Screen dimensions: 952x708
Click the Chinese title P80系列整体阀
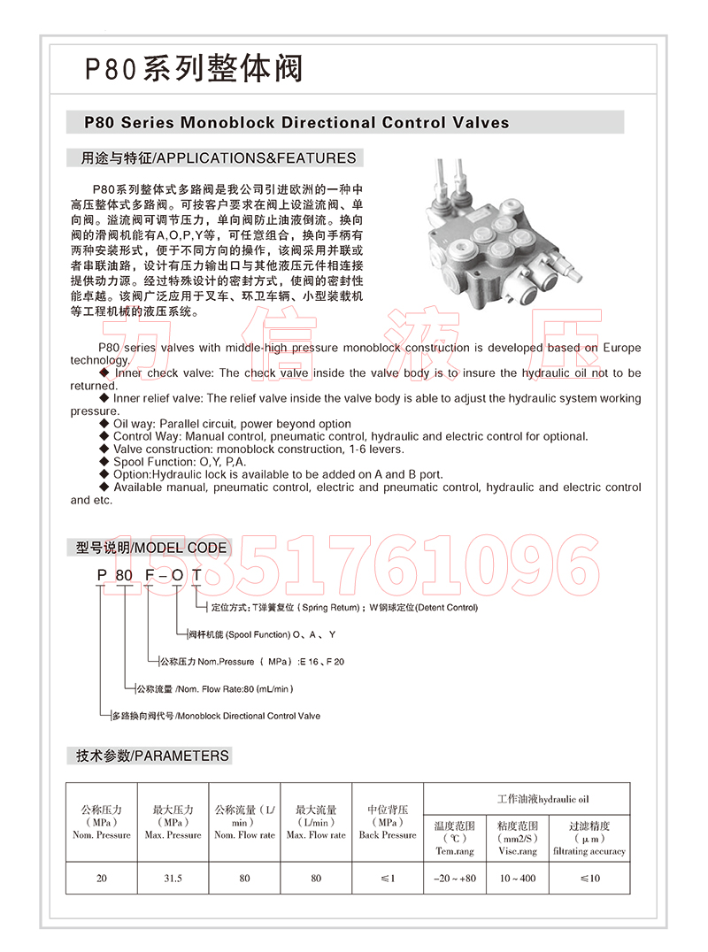(194, 69)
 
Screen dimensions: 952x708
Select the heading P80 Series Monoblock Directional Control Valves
(296, 122)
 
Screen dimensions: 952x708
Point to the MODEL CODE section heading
(151, 548)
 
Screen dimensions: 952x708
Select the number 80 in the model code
(125, 576)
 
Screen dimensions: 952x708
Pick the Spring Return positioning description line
(345, 608)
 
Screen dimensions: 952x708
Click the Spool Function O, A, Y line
(262, 634)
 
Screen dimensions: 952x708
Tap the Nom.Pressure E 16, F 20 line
(251, 661)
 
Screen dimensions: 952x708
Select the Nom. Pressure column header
(102, 822)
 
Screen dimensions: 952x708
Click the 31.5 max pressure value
(173, 879)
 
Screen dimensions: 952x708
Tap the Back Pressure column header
(388, 822)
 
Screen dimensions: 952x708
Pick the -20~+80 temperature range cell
(455, 879)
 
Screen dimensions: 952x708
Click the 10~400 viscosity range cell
(517, 879)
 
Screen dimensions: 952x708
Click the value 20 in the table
(102, 879)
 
